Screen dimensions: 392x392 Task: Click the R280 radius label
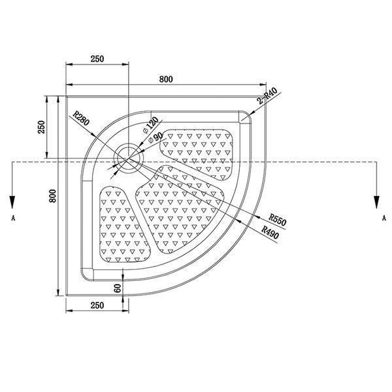point(81,118)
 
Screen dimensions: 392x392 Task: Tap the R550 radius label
point(278,220)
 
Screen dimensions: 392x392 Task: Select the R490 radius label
point(270,232)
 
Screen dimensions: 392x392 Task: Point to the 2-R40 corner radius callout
point(267,96)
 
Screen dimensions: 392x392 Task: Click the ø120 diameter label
point(150,125)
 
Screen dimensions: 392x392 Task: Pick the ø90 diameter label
point(155,137)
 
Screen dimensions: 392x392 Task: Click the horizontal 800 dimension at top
point(166,79)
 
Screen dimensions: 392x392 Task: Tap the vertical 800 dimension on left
point(52,196)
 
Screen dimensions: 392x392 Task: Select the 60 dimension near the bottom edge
point(117,288)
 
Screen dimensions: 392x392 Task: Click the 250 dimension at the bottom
point(97,305)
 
